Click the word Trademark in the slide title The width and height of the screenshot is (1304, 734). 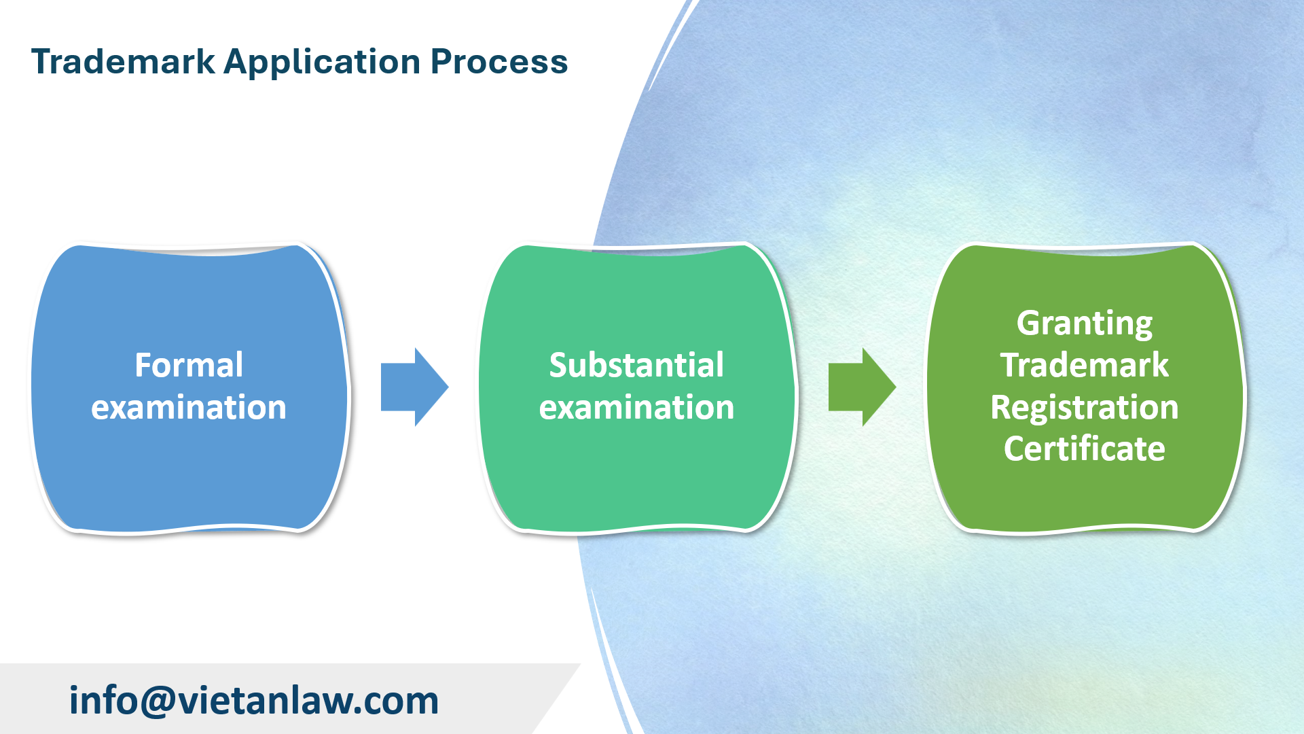point(123,62)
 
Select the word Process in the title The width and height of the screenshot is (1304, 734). point(499,62)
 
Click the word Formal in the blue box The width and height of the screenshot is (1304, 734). point(189,365)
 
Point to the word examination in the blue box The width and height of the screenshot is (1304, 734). point(189,408)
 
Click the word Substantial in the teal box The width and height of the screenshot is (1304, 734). point(636,365)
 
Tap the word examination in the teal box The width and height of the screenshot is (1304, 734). point(636,408)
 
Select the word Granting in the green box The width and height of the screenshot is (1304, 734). point(1085,324)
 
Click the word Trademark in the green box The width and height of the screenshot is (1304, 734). point(1085,365)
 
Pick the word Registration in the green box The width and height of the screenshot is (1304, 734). point(1085,408)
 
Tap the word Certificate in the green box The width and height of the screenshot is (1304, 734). point(1085,449)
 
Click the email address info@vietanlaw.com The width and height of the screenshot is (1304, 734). point(254,700)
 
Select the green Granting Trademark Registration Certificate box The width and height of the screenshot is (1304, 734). point(1085,496)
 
